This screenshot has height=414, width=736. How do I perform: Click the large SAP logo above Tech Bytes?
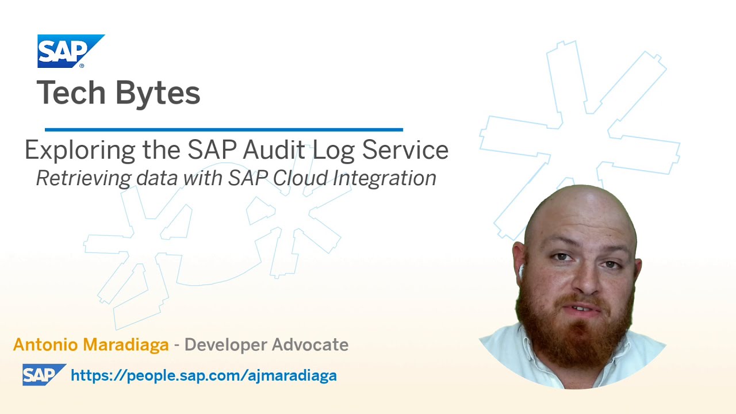tap(70, 51)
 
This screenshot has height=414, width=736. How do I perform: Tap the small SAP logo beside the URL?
tap(44, 375)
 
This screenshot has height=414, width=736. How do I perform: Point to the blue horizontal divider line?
tap(224, 130)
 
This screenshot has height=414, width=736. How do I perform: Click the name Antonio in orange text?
tap(45, 344)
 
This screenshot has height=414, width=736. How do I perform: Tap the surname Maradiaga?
tap(128, 344)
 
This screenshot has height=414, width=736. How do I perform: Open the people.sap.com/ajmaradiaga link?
tap(204, 375)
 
